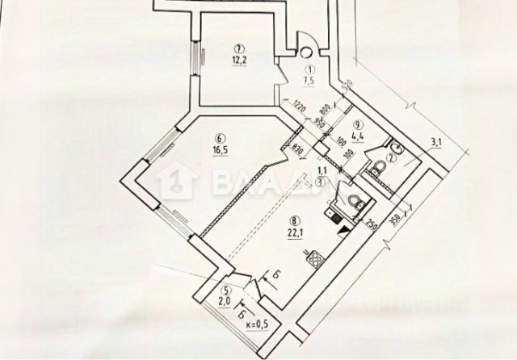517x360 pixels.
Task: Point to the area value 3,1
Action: pos(437,144)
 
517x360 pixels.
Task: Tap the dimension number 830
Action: pos(297,149)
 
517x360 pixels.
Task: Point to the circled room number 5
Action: pos(228,291)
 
